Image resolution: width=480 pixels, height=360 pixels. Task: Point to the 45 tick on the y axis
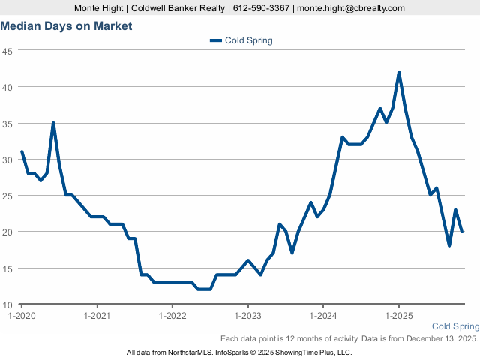(7, 51)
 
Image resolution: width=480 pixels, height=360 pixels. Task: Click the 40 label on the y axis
(7, 87)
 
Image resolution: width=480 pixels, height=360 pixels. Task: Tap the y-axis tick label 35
(7, 123)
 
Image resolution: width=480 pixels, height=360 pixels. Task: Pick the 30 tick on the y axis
(7, 160)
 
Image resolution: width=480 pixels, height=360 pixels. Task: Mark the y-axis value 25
(7, 196)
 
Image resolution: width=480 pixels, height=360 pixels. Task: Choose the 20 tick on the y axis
(7, 232)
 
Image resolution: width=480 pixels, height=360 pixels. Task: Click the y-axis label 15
(7, 268)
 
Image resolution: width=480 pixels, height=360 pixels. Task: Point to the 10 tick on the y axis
(7, 304)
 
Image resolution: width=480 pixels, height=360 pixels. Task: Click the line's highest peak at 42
(399, 73)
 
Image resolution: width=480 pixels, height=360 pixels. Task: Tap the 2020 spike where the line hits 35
(53, 123)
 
